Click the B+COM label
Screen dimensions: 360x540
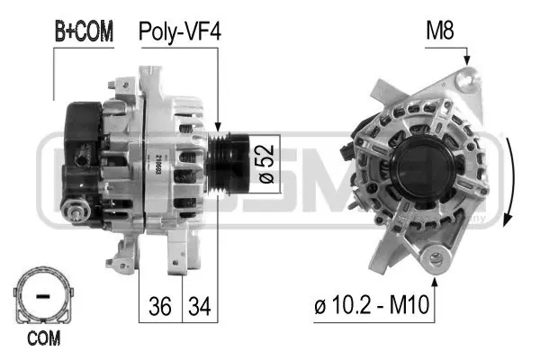(83, 32)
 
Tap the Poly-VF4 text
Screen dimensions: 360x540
(179, 32)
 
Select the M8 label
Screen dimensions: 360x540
(440, 32)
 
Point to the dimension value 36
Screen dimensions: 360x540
(160, 306)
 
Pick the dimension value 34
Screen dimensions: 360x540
(199, 306)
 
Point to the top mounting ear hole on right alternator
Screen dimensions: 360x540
(464, 82)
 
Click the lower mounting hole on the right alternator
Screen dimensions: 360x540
(437, 261)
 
